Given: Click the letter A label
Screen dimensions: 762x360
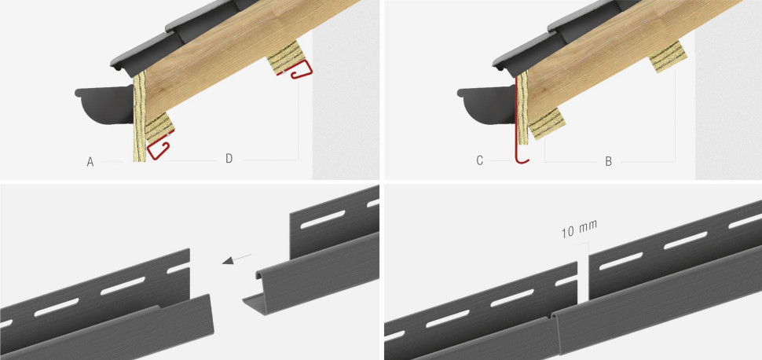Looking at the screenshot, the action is point(90,161).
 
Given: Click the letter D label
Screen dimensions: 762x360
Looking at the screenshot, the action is point(229,159).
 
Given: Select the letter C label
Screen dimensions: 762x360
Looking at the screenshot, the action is point(480,161).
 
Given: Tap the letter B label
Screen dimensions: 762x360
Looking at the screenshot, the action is point(609,162).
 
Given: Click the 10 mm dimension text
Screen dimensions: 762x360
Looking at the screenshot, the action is point(579,230).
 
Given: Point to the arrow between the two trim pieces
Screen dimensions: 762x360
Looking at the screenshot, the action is point(236,259).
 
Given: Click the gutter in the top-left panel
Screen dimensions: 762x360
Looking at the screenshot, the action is point(104,104).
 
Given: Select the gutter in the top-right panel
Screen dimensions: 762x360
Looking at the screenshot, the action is point(487,104).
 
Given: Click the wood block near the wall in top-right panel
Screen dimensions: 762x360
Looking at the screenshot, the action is point(669,57).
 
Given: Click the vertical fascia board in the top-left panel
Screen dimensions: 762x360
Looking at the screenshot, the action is point(140,117).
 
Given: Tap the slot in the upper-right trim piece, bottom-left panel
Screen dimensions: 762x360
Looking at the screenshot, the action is point(322,219).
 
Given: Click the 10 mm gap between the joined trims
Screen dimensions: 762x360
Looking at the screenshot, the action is point(583,281).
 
